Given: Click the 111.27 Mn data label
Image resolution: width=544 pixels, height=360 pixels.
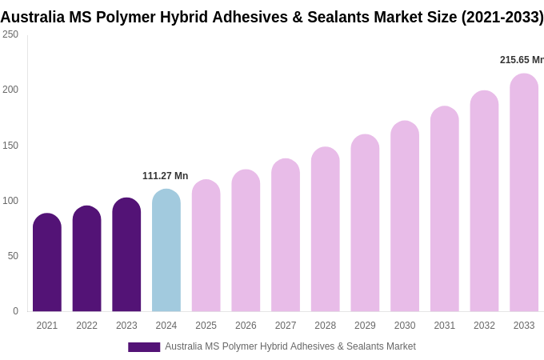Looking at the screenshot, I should (x=166, y=176).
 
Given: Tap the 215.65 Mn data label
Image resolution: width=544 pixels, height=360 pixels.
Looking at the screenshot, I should (x=521, y=60).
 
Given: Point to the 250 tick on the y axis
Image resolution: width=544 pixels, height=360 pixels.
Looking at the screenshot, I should (x=10, y=34).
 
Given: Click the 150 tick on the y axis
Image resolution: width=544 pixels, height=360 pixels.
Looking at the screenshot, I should (x=10, y=146).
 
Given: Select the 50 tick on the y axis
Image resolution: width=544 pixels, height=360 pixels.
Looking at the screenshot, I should (x=13, y=256).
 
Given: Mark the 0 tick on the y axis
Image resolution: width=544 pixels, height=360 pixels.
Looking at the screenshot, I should (x=15, y=311).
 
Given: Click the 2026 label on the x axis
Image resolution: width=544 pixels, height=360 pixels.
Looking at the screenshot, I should (x=246, y=326).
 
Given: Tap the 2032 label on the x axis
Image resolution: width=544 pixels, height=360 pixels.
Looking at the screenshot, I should (x=484, y=326).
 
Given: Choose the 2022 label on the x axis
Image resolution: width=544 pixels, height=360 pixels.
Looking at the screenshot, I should (x=86, y=326).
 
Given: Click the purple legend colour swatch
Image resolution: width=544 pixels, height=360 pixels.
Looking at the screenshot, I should (x=144, y=347).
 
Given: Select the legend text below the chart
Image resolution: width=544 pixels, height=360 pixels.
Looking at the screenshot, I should (x=290, y=346).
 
